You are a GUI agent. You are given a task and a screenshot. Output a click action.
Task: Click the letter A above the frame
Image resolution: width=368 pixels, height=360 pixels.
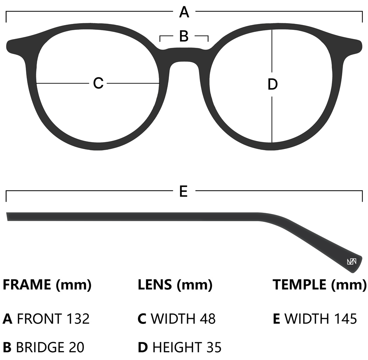184,13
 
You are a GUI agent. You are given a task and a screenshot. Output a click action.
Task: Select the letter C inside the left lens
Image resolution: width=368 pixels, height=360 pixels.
98,83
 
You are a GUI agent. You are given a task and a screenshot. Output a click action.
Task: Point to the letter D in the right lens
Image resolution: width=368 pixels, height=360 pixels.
272,85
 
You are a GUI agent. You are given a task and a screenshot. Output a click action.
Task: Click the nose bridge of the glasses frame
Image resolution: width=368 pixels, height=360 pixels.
184,55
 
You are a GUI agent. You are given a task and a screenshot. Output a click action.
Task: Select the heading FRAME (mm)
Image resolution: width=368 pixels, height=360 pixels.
47,285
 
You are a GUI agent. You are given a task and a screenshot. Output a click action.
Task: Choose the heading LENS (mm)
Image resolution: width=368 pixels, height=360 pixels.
175,285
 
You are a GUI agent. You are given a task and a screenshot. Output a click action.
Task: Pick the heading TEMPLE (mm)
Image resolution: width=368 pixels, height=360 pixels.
319,285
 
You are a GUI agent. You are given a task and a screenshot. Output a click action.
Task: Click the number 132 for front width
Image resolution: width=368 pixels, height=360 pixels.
78,319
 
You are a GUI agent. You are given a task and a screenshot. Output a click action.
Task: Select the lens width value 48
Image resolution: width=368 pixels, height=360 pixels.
207,319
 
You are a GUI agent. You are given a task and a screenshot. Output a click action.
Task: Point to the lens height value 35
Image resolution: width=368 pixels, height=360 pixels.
213,347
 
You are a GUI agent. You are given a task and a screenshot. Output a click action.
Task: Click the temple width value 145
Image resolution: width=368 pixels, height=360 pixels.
344,319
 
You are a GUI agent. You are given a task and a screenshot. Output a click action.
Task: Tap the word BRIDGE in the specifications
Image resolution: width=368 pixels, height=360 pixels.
40,347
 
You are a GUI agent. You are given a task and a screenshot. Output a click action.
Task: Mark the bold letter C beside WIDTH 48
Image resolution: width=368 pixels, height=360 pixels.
142,319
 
